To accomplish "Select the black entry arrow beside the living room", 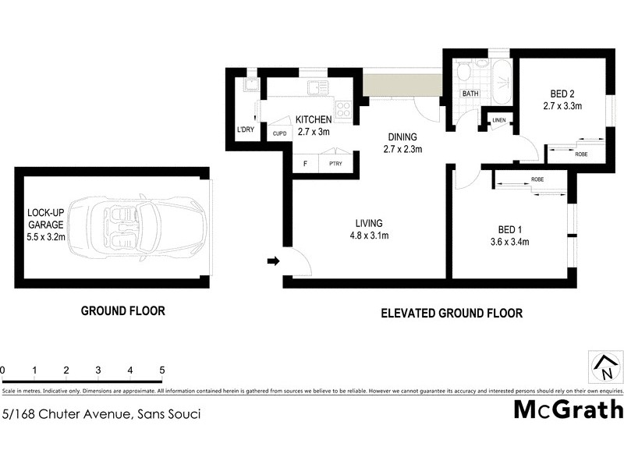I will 272,261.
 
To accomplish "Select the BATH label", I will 470,94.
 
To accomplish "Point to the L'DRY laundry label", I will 245,130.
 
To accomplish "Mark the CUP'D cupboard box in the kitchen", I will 279,133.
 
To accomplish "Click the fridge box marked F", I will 305,163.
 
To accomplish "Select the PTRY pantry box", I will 336,163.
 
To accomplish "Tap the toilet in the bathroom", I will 463,74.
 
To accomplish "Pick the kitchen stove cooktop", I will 343,107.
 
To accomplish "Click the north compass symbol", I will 604,365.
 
